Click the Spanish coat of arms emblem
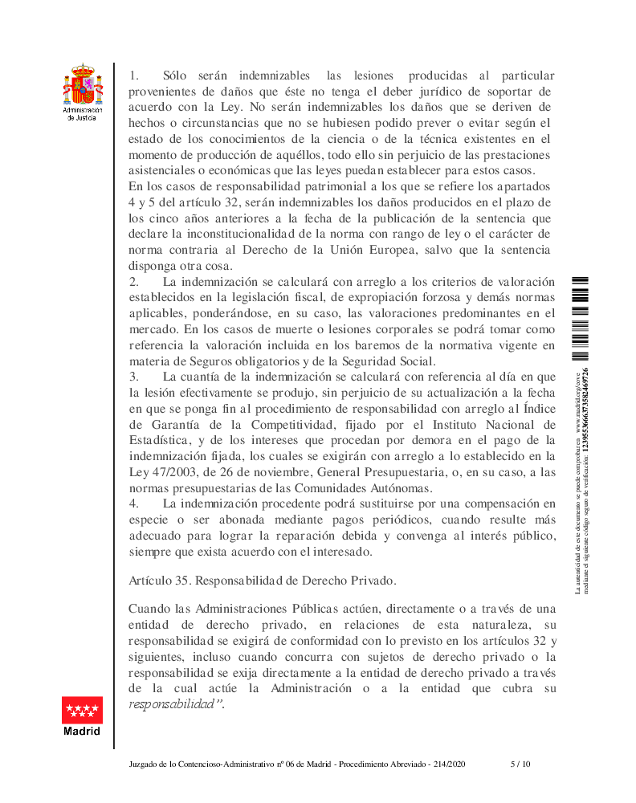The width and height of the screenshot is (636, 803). coord(82,85)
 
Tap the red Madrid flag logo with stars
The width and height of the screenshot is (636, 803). coord(82,711)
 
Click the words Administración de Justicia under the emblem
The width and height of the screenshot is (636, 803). coord(82,114)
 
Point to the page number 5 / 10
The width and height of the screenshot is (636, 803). coord(520,764)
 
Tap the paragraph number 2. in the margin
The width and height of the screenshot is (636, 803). coord(134,282)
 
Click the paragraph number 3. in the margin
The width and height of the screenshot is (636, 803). coord(134,376)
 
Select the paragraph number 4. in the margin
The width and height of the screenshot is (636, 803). coord(134,503)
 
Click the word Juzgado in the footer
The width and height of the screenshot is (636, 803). coord(145,764)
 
